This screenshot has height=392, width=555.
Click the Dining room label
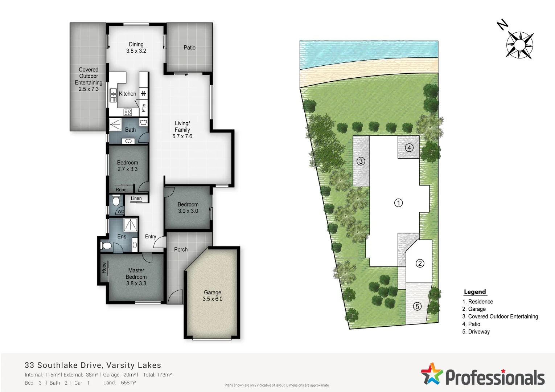pos(136,48)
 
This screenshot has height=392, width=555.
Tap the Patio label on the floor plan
pos(189,48)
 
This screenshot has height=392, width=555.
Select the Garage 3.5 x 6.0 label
pos(213,295)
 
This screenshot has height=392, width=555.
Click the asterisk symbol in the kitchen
pos(144,94)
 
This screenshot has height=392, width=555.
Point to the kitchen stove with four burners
pos(128,112)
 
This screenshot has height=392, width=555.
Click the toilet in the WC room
pos(116,201)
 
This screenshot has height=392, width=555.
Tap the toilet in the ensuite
pos(106,246)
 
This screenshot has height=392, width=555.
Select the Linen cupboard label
pos(136,199)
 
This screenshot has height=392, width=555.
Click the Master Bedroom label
pos(136,277)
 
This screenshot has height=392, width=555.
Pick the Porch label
pos(181,249)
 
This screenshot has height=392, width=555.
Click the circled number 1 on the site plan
pos(398,203)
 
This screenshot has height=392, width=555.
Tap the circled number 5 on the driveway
pos(417,306)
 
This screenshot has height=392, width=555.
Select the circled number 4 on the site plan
pos(409,148)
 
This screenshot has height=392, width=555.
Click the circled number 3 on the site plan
pos(361,161)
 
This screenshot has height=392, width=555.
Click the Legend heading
pos(474,292)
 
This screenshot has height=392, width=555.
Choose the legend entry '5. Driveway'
pos(476,332)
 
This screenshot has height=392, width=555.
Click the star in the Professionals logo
pos(432,374)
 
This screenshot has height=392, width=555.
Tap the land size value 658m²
pos(128,383)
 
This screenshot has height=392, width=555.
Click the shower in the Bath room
pos(115,124)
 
